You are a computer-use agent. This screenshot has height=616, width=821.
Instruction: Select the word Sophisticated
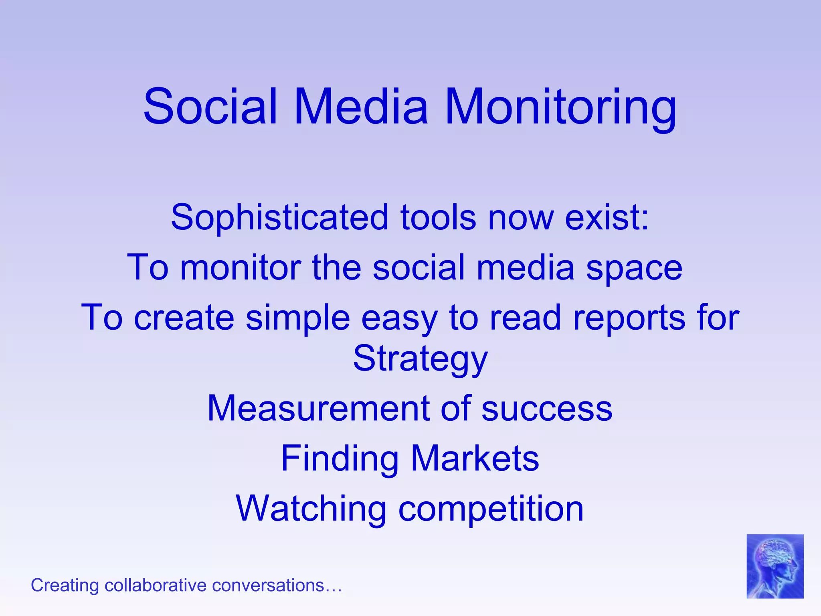click(x=280, y=217)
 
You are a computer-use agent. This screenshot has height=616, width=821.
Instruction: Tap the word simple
click(x=297, y=318)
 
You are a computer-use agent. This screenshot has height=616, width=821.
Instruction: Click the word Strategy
click(x=420, y=359)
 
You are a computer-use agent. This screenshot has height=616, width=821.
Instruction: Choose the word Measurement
click(x=318, y=408)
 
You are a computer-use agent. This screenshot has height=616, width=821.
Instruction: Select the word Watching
click(x=311, y=509)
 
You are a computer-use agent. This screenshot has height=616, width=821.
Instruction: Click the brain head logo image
click(x=774, y=566)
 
